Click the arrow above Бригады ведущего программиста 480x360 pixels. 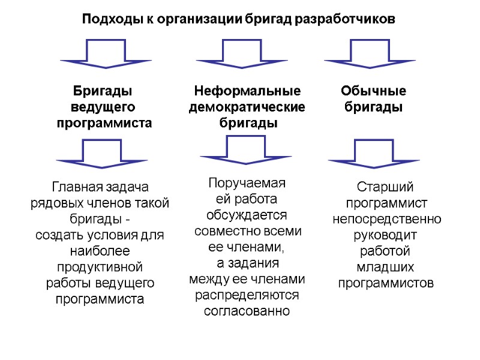pyautogui.click(x=106, y=53)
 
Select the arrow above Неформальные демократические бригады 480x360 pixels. pyautogui.click(x=241, y=53)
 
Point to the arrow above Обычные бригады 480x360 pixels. pyautogui.click(x=370, y=53)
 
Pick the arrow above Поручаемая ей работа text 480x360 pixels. pyautogui.click(x=245, y=149)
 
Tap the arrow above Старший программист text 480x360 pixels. pyautogui.click(x=373, y=152)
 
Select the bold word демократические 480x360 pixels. pyautogui.click(x=247, y=107)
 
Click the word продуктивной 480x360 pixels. pyautogui.click(x=100, y=266)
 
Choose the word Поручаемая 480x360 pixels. pyautogui.click(x=247, y=183)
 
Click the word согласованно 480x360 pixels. pyautogui.click(x=247, y=311)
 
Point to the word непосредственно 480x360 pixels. pyautogui.click(x=387, y=219)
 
